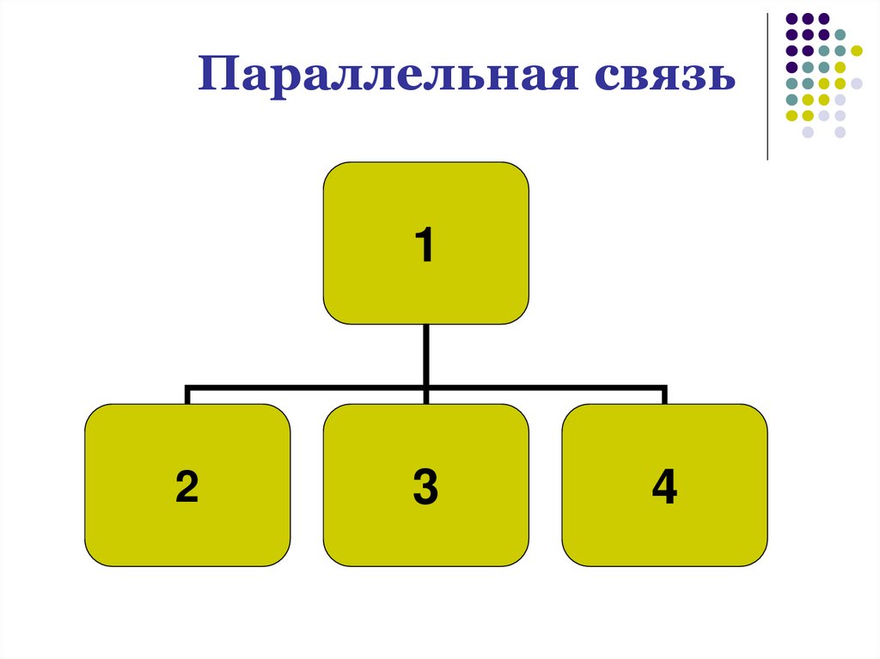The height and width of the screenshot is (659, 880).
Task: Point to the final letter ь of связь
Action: point(720,77)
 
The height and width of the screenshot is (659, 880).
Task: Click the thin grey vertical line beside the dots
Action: point(767,86)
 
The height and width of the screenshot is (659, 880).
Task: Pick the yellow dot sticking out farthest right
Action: point(857,51)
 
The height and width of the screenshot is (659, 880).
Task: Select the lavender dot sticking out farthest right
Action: point(857,83)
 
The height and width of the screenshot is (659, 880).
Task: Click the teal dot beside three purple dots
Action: point(840,34)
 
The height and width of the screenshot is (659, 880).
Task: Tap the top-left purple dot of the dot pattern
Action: point(791,18)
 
